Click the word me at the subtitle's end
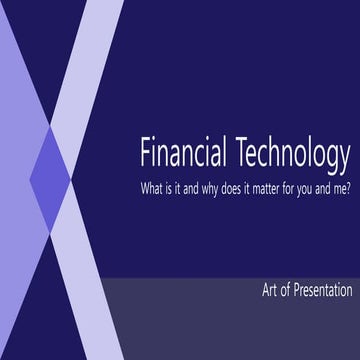pos(341,188)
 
